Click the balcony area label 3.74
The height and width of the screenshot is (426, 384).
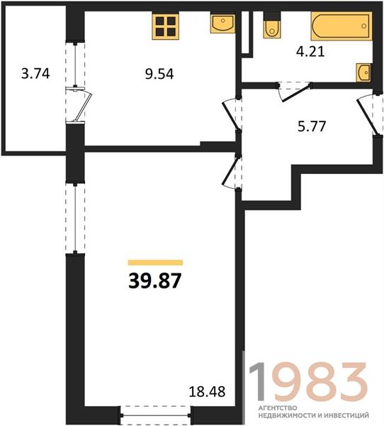coord(35,74)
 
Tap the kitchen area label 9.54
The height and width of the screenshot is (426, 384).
coord(159,74)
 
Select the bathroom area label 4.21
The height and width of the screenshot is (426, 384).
coord(310,52)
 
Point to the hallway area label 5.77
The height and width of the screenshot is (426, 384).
coord(312,126)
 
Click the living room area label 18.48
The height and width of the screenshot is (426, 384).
coord(207,392)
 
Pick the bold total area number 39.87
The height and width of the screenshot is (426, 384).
coord(154,280)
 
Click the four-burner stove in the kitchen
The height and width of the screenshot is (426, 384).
coord(165,26)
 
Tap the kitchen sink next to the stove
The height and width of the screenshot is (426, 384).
coord(222,24)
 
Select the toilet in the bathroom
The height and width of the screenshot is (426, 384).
coord(272,26)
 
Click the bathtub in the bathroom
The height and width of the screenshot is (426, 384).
coord(341,26)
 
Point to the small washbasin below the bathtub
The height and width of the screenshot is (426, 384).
coord(363,72)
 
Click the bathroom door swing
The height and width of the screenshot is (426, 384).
coord(294,92)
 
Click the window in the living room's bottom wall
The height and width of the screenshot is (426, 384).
coord(155,415)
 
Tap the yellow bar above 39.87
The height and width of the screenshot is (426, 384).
coord(155,262)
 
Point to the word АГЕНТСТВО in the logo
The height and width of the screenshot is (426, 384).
coord(278,408)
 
